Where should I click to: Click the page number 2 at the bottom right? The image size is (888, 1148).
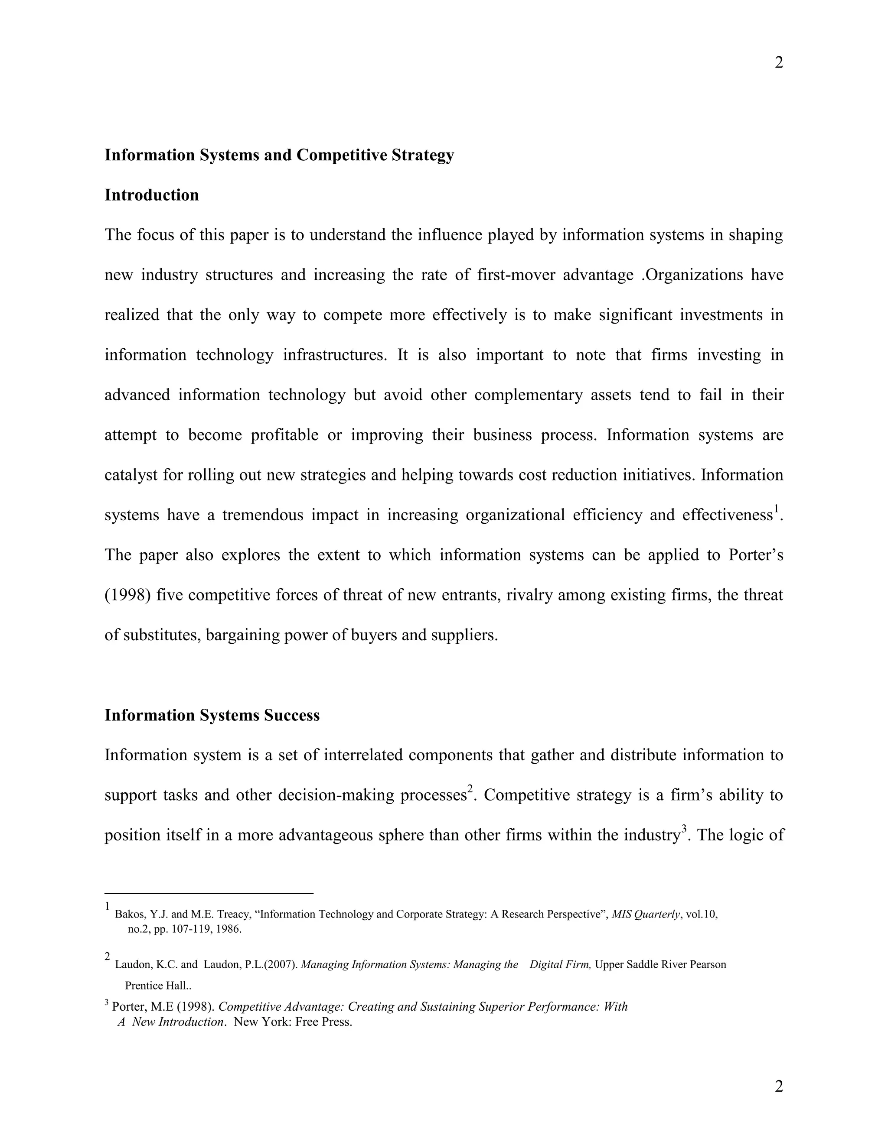click(x=779, y=1086)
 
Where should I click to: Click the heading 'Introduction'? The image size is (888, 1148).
click(x=151, y=195)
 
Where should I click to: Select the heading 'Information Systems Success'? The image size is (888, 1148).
click(x=212, y=715)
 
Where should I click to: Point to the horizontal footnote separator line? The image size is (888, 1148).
click(x=209, y=893)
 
